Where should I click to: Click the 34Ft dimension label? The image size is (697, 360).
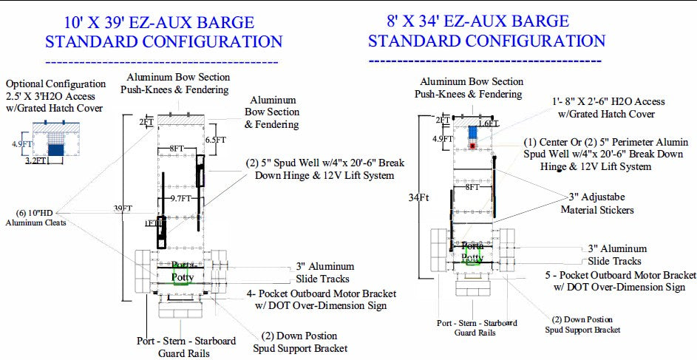[418, 197]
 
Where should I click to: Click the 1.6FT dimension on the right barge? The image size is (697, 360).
[488, 123]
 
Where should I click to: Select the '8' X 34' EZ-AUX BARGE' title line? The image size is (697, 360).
[469, 20]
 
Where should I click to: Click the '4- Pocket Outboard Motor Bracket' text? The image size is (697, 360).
[318, 293]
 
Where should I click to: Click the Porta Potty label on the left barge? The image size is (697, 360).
[183, 271]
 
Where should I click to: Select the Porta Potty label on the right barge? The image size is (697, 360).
[472, 253]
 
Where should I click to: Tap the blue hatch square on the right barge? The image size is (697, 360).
[473, 132]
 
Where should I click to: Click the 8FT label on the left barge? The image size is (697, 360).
[177, 149]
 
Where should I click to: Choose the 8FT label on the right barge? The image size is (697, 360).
[473, 188]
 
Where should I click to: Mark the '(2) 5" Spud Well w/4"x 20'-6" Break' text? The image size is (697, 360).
[326, 163]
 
